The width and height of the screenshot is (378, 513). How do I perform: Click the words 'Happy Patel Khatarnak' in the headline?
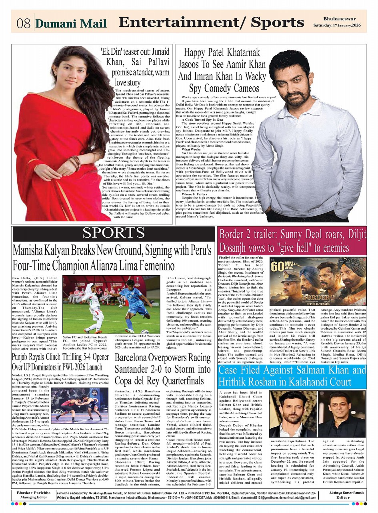click(222, 52)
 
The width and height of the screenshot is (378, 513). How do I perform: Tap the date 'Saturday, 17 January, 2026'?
click(345, 26)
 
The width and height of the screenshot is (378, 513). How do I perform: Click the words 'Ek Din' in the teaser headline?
click(115, 52)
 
